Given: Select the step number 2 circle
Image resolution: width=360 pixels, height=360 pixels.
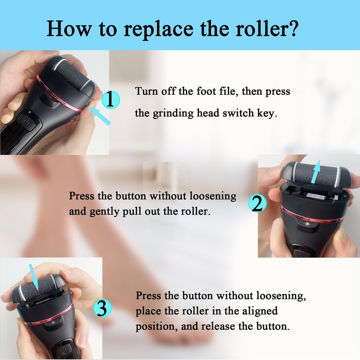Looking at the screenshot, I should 256,203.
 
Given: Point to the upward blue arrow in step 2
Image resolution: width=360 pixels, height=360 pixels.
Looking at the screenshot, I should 317,173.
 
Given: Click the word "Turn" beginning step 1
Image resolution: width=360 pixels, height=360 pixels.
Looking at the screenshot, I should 145,91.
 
